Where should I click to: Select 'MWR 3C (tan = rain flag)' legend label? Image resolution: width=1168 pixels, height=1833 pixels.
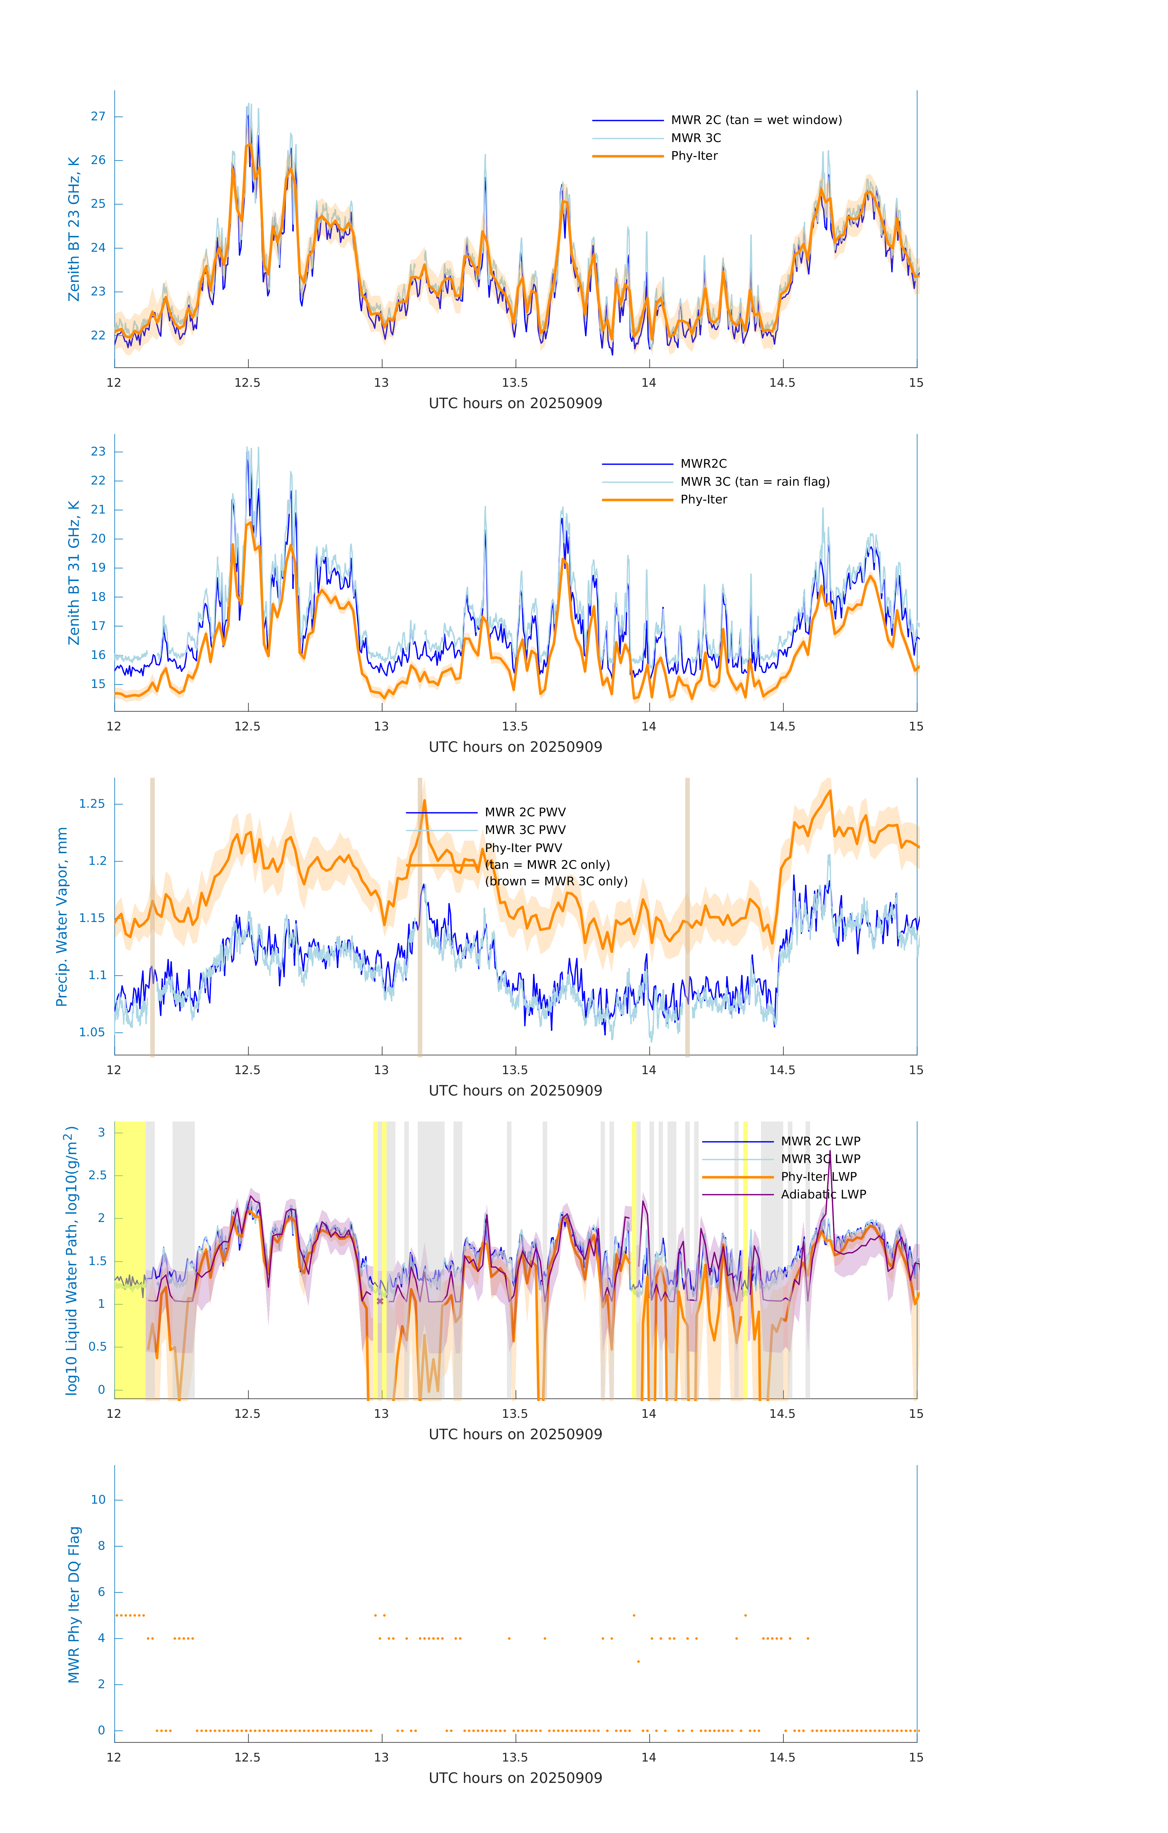point(755,482)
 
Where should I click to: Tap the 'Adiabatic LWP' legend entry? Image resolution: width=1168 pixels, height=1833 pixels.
point(823,1194)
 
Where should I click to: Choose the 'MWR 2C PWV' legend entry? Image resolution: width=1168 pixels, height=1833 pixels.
point(525,812)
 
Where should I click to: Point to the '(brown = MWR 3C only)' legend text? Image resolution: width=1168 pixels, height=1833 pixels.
point(556,881)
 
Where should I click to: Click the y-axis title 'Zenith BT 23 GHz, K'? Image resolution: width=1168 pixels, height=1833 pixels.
point(74,229)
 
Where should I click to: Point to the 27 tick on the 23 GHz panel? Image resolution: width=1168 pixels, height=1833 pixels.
point(98,116)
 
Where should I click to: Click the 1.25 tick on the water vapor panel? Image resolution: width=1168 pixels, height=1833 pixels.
point(92,804)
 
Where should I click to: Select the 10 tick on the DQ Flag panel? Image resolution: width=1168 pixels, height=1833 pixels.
point(98,1500)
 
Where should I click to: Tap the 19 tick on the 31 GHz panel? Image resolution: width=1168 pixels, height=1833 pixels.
point(98,568)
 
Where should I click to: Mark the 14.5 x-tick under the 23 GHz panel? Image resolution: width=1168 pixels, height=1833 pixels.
point(782,383)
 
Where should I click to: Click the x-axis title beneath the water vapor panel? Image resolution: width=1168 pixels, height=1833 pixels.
point(515,1091)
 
